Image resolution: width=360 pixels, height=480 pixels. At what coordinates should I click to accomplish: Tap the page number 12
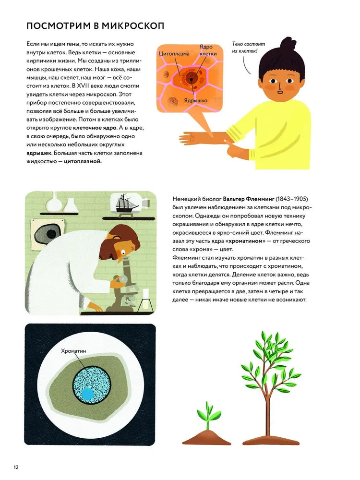click(x=16, y=468)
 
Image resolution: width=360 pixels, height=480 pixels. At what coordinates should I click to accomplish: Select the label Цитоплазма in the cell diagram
click(x=174, y=54)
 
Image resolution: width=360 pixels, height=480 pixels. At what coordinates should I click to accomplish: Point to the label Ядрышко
click(x=196, y=100)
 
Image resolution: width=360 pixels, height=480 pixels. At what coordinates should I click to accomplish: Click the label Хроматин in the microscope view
click(x=73, y=351)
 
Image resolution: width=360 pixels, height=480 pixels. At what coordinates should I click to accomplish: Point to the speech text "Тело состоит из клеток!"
click(x=248, y=48)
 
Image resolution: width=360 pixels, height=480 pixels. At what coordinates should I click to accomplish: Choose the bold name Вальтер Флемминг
click(x=249, y=199)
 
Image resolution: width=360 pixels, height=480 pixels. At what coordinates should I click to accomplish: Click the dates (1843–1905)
click(x=292, y=199)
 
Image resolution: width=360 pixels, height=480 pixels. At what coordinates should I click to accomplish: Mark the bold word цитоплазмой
click(x=83, y=161)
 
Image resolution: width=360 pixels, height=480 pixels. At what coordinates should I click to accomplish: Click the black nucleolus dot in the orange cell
click(x=191, y=79)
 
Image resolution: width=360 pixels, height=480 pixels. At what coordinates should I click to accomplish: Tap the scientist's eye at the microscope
click(x=123, y=252)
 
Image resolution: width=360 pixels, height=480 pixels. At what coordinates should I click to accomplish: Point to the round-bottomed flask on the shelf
click(x=54, y=203)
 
